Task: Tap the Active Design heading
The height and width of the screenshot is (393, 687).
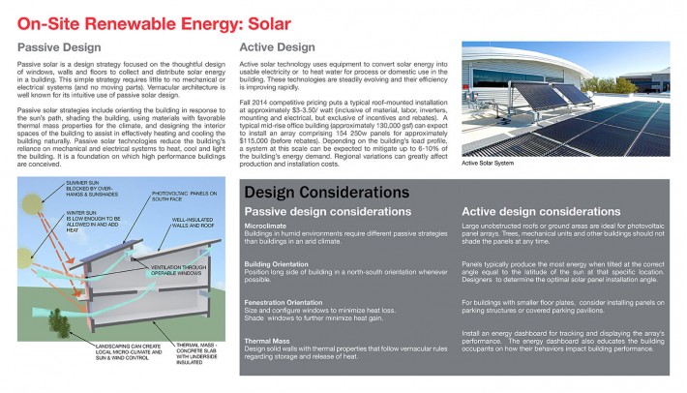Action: [277, 45]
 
